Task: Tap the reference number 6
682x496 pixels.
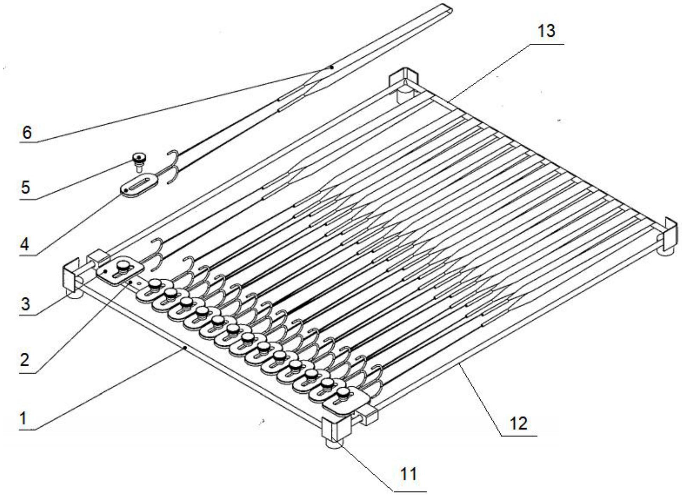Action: pos(27,133)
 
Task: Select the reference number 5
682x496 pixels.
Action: pos(26,187)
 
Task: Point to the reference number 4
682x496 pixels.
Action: pos(24,244)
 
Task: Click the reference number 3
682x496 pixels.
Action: pos(26,304)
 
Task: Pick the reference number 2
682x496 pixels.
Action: pos(24,360)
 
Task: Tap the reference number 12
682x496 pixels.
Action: pos(518,424)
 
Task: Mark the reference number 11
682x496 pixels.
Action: pos(408,474)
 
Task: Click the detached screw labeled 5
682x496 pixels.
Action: pos(139,161)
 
